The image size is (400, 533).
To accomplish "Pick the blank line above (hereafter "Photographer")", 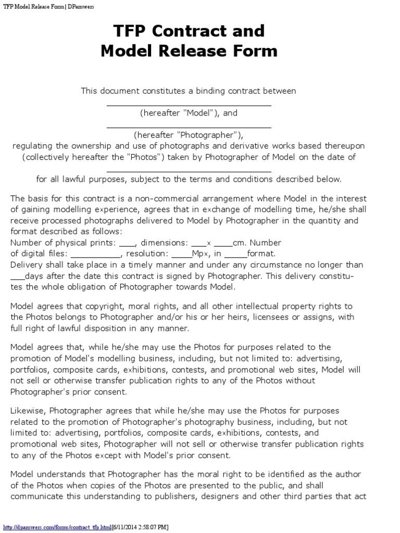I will click(189, 126).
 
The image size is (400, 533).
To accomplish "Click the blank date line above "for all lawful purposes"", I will click(189, 171).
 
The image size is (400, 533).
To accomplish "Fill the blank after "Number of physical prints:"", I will click(127, 244).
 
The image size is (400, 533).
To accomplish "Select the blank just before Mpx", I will click(181, 255).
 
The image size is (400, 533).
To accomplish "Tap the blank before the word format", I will click(236, 255).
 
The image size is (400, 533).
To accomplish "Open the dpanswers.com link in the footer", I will click(57, 527).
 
